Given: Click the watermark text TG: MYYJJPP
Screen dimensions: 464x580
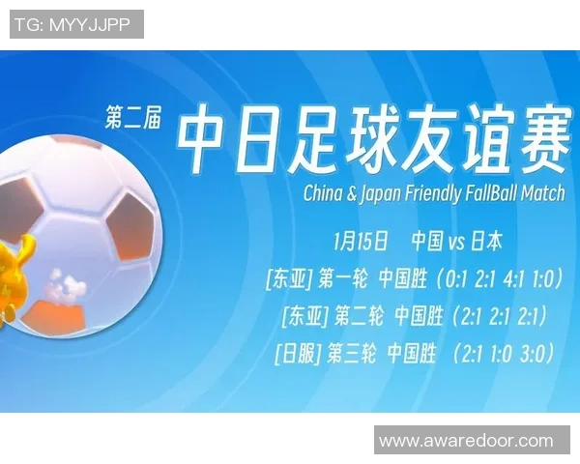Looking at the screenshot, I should (x=76, y=24).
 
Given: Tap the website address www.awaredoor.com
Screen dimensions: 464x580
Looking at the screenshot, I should (x=466, y=441).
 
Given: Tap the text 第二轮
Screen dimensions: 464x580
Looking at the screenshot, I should (x=359, y=316).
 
